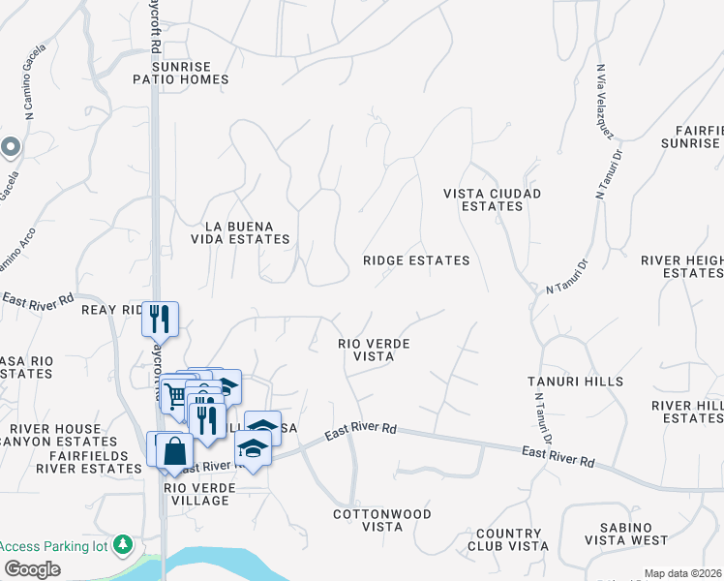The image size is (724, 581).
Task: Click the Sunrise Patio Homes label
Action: coord(182,73)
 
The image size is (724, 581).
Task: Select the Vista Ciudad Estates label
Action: coord(492,199)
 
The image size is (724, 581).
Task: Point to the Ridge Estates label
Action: coord(416,260)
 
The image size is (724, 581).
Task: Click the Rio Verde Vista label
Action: coord(374,351)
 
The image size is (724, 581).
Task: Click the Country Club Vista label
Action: coord(508,540)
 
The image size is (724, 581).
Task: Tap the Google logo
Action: coord(33,569)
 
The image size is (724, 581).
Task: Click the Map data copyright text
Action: coord(682,573)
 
